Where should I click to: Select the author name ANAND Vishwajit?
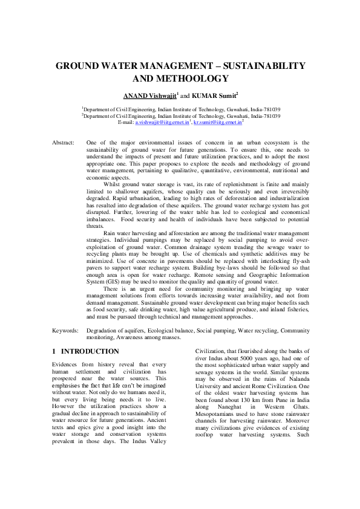pos(149,96)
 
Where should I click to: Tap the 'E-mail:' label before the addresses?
pos(125,122)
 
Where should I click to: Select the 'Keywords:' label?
pos(65,331)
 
